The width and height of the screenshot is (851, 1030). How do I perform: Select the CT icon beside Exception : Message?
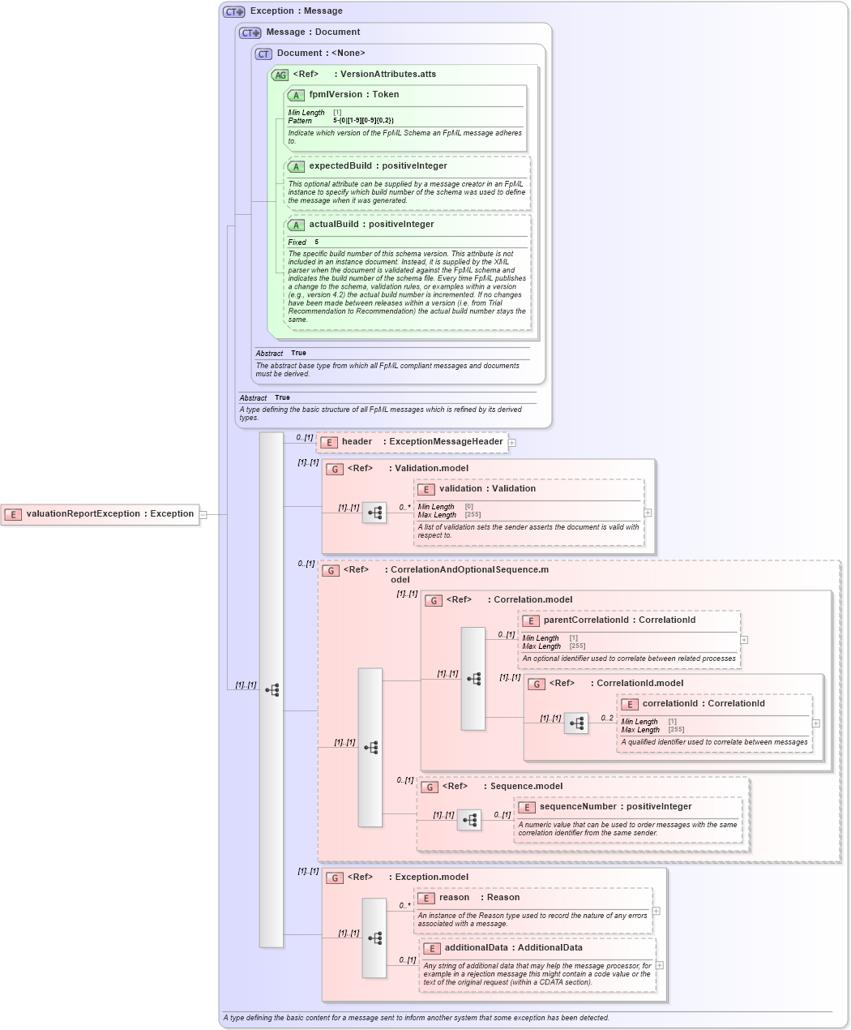point(234,12)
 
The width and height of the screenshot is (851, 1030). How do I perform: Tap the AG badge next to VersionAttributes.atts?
point(280,75)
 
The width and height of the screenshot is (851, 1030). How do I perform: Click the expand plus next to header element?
point(512,443)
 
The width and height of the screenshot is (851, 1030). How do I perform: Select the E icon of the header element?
point(329,443)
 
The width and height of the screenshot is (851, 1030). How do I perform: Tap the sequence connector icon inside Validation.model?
point(374,513)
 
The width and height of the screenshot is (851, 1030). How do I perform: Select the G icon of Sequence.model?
point(430,787)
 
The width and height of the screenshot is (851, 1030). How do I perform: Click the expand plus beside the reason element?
point(656,911)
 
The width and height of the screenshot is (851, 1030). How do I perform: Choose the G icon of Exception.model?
point(335,878)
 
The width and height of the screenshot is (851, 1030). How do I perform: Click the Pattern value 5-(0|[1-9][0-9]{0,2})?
point(363,121)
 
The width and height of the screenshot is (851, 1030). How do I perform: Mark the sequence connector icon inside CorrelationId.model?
point(576,723)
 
